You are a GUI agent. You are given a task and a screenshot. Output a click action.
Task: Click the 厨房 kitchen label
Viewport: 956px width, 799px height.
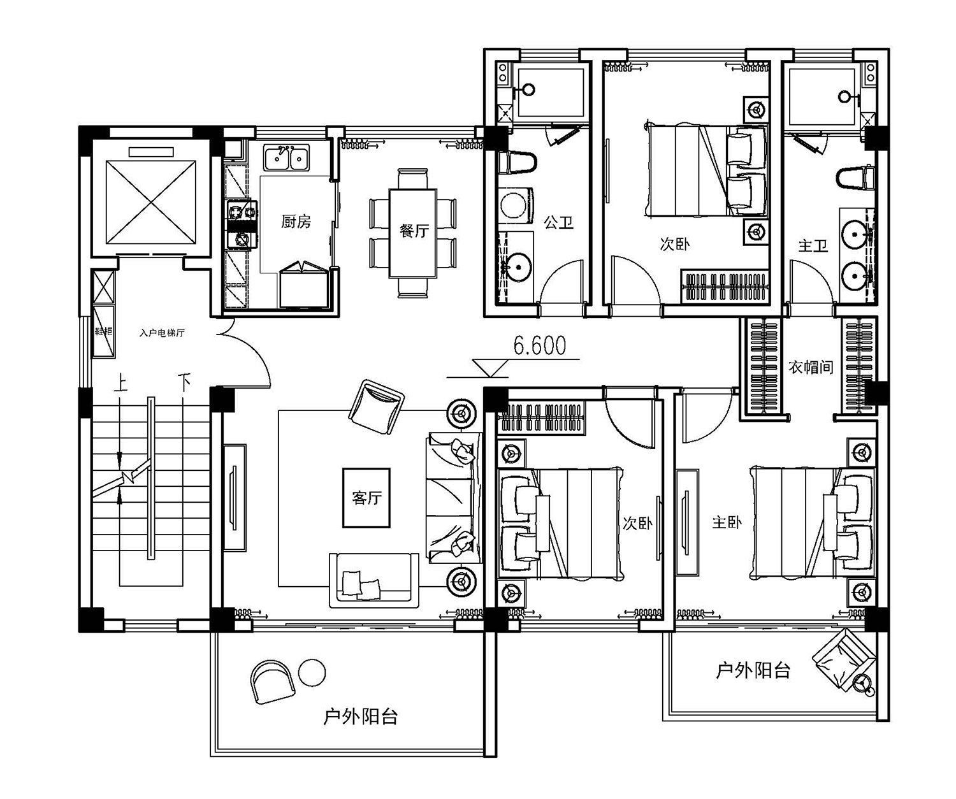coord(296,222)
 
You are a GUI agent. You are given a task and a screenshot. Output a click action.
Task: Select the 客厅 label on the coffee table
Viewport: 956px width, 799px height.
coord(366,497)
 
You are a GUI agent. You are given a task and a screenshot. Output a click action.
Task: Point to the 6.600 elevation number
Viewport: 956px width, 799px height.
coord(539,346)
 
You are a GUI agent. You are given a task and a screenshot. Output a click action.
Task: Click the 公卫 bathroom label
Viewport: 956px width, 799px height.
coord(558,223)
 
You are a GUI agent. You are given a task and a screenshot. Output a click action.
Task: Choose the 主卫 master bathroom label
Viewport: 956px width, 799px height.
coord(813,246)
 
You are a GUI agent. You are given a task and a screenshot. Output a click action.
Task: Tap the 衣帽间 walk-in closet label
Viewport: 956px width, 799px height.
coord(811,367)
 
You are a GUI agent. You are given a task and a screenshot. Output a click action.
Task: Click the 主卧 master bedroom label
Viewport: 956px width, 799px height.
coord(727,522)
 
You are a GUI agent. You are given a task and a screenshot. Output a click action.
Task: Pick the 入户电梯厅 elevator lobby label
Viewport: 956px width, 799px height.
coord(162,333)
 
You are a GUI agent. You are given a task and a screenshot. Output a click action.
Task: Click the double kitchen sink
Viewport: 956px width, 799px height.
coord(286,158)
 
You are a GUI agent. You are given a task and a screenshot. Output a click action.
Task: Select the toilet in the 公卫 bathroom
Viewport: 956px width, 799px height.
coord(518,163)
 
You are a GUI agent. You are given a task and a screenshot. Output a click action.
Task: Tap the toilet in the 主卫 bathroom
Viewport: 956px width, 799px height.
coord(855,177)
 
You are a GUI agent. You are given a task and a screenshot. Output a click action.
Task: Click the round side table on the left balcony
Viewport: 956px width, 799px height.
coord(312,673)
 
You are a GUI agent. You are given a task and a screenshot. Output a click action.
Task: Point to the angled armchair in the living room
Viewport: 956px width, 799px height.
coord(376,407)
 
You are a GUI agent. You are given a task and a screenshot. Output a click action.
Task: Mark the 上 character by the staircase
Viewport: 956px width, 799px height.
coord(120,383)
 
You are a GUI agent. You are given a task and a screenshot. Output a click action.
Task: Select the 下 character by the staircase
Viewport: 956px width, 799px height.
coord(184,383)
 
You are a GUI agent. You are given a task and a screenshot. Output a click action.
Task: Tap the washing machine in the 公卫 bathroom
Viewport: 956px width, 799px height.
coord(516,205)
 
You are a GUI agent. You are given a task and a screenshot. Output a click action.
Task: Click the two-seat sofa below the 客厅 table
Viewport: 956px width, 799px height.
coord(374,580)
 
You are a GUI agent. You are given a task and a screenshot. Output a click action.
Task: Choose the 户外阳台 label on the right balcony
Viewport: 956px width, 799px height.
coord(753,671)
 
